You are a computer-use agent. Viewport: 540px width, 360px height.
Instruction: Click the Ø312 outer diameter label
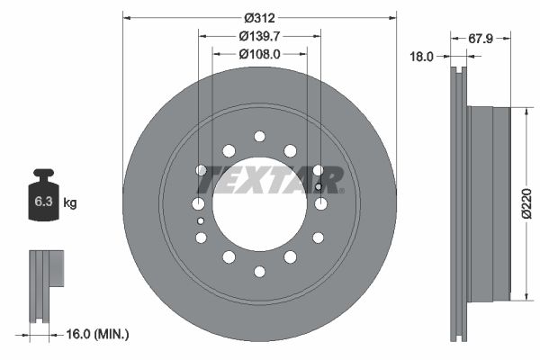tap(259, 17)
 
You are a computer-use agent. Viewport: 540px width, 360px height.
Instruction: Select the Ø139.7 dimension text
tap(259, 35)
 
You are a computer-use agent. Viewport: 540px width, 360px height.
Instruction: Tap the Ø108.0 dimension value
tap(259, 53)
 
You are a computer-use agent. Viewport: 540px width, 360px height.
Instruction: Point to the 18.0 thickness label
tap(421, 56)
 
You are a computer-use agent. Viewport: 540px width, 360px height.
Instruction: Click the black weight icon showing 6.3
tap(43, 193)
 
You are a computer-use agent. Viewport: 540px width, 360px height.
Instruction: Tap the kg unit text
tap(70, 202)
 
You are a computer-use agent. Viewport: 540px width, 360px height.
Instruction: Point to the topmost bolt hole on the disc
tap(259, 136)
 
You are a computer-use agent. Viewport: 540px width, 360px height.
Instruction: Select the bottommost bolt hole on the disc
tap(259, 271)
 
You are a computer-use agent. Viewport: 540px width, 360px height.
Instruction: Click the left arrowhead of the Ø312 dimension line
tap(126, 17)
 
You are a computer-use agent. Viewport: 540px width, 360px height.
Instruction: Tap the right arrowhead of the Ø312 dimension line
tap(392, 17)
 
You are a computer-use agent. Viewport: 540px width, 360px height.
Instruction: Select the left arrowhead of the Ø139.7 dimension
tap(202, 35)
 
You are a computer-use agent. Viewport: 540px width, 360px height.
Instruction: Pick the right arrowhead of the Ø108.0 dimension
tap(303, 53)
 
